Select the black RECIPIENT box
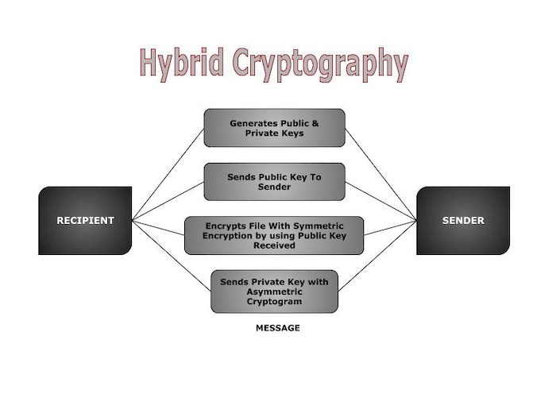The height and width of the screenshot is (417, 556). coord(85,221)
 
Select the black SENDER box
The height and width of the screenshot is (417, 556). coord(463,221)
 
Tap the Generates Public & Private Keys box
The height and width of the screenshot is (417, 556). coord(274,128)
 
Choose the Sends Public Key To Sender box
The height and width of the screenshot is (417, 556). coord(274,182)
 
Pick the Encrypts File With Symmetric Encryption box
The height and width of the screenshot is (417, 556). coord(274,235)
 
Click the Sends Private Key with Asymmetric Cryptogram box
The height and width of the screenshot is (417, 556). coord(274,291)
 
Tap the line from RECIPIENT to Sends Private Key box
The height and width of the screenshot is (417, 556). coord(172,256)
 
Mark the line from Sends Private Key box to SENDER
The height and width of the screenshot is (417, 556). coord(377,256)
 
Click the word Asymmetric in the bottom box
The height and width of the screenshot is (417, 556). coord(274,291)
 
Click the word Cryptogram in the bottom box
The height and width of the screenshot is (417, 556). coord(274,301)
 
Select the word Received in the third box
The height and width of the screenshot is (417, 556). coord(274,245)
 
